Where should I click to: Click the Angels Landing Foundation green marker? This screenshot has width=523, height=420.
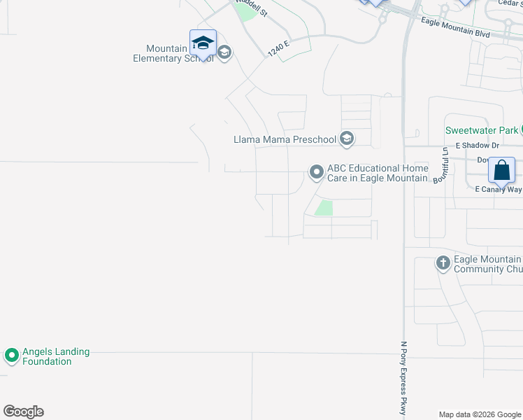pyautogui.click(x=11, y=356)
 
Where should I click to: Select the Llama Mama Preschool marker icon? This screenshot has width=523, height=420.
pyautogui.click(x=346, y=139)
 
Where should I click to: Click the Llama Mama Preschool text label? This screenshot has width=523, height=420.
pyautogui.click(x=285, y=139)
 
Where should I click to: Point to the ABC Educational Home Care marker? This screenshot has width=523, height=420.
pyautogui.click(x=317, y=171)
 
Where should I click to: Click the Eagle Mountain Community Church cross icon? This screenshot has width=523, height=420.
pyautogui.click(x=443, y=263)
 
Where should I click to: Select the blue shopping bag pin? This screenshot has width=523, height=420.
pyautogui.click(x=502, y=170)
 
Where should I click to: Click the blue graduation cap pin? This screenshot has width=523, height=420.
pyautogui.click(x=203, y=43)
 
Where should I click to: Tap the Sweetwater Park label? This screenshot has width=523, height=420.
pyautogui.click(x=482, y=130)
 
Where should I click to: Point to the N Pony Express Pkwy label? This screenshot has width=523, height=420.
pyautogui.click(x=404, y=378)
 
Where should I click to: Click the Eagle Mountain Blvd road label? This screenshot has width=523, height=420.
pyautogui.click(x=457, y=26)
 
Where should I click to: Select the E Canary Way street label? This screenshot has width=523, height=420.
pyautogui.click(x=498, y=190)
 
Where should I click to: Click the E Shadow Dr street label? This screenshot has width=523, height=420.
pyautogui.click(x=477, y=146)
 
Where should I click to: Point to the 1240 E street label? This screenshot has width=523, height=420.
pyautogui.click(x=278, y=48)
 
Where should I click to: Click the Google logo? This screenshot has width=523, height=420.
pyautogui.click(x=23, y=412)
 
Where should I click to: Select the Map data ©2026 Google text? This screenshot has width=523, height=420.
pyautogui.click(x=479, y=414)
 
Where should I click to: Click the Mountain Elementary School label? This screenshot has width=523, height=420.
pyautogui.click(x=173, y=54)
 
